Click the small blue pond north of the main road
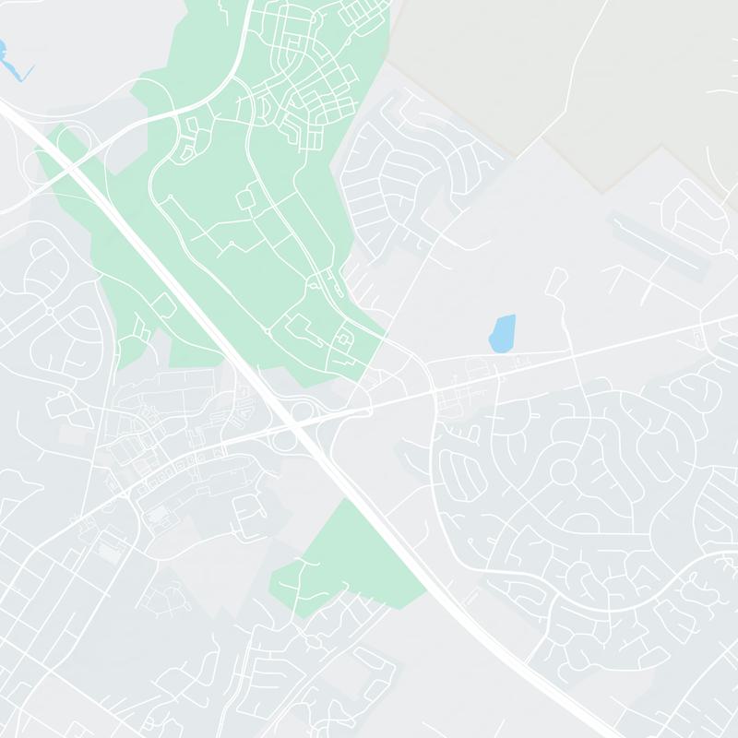[x=502, y=333]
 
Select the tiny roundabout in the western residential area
[x=49, y=311]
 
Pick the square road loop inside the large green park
[x=248, y=196]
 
